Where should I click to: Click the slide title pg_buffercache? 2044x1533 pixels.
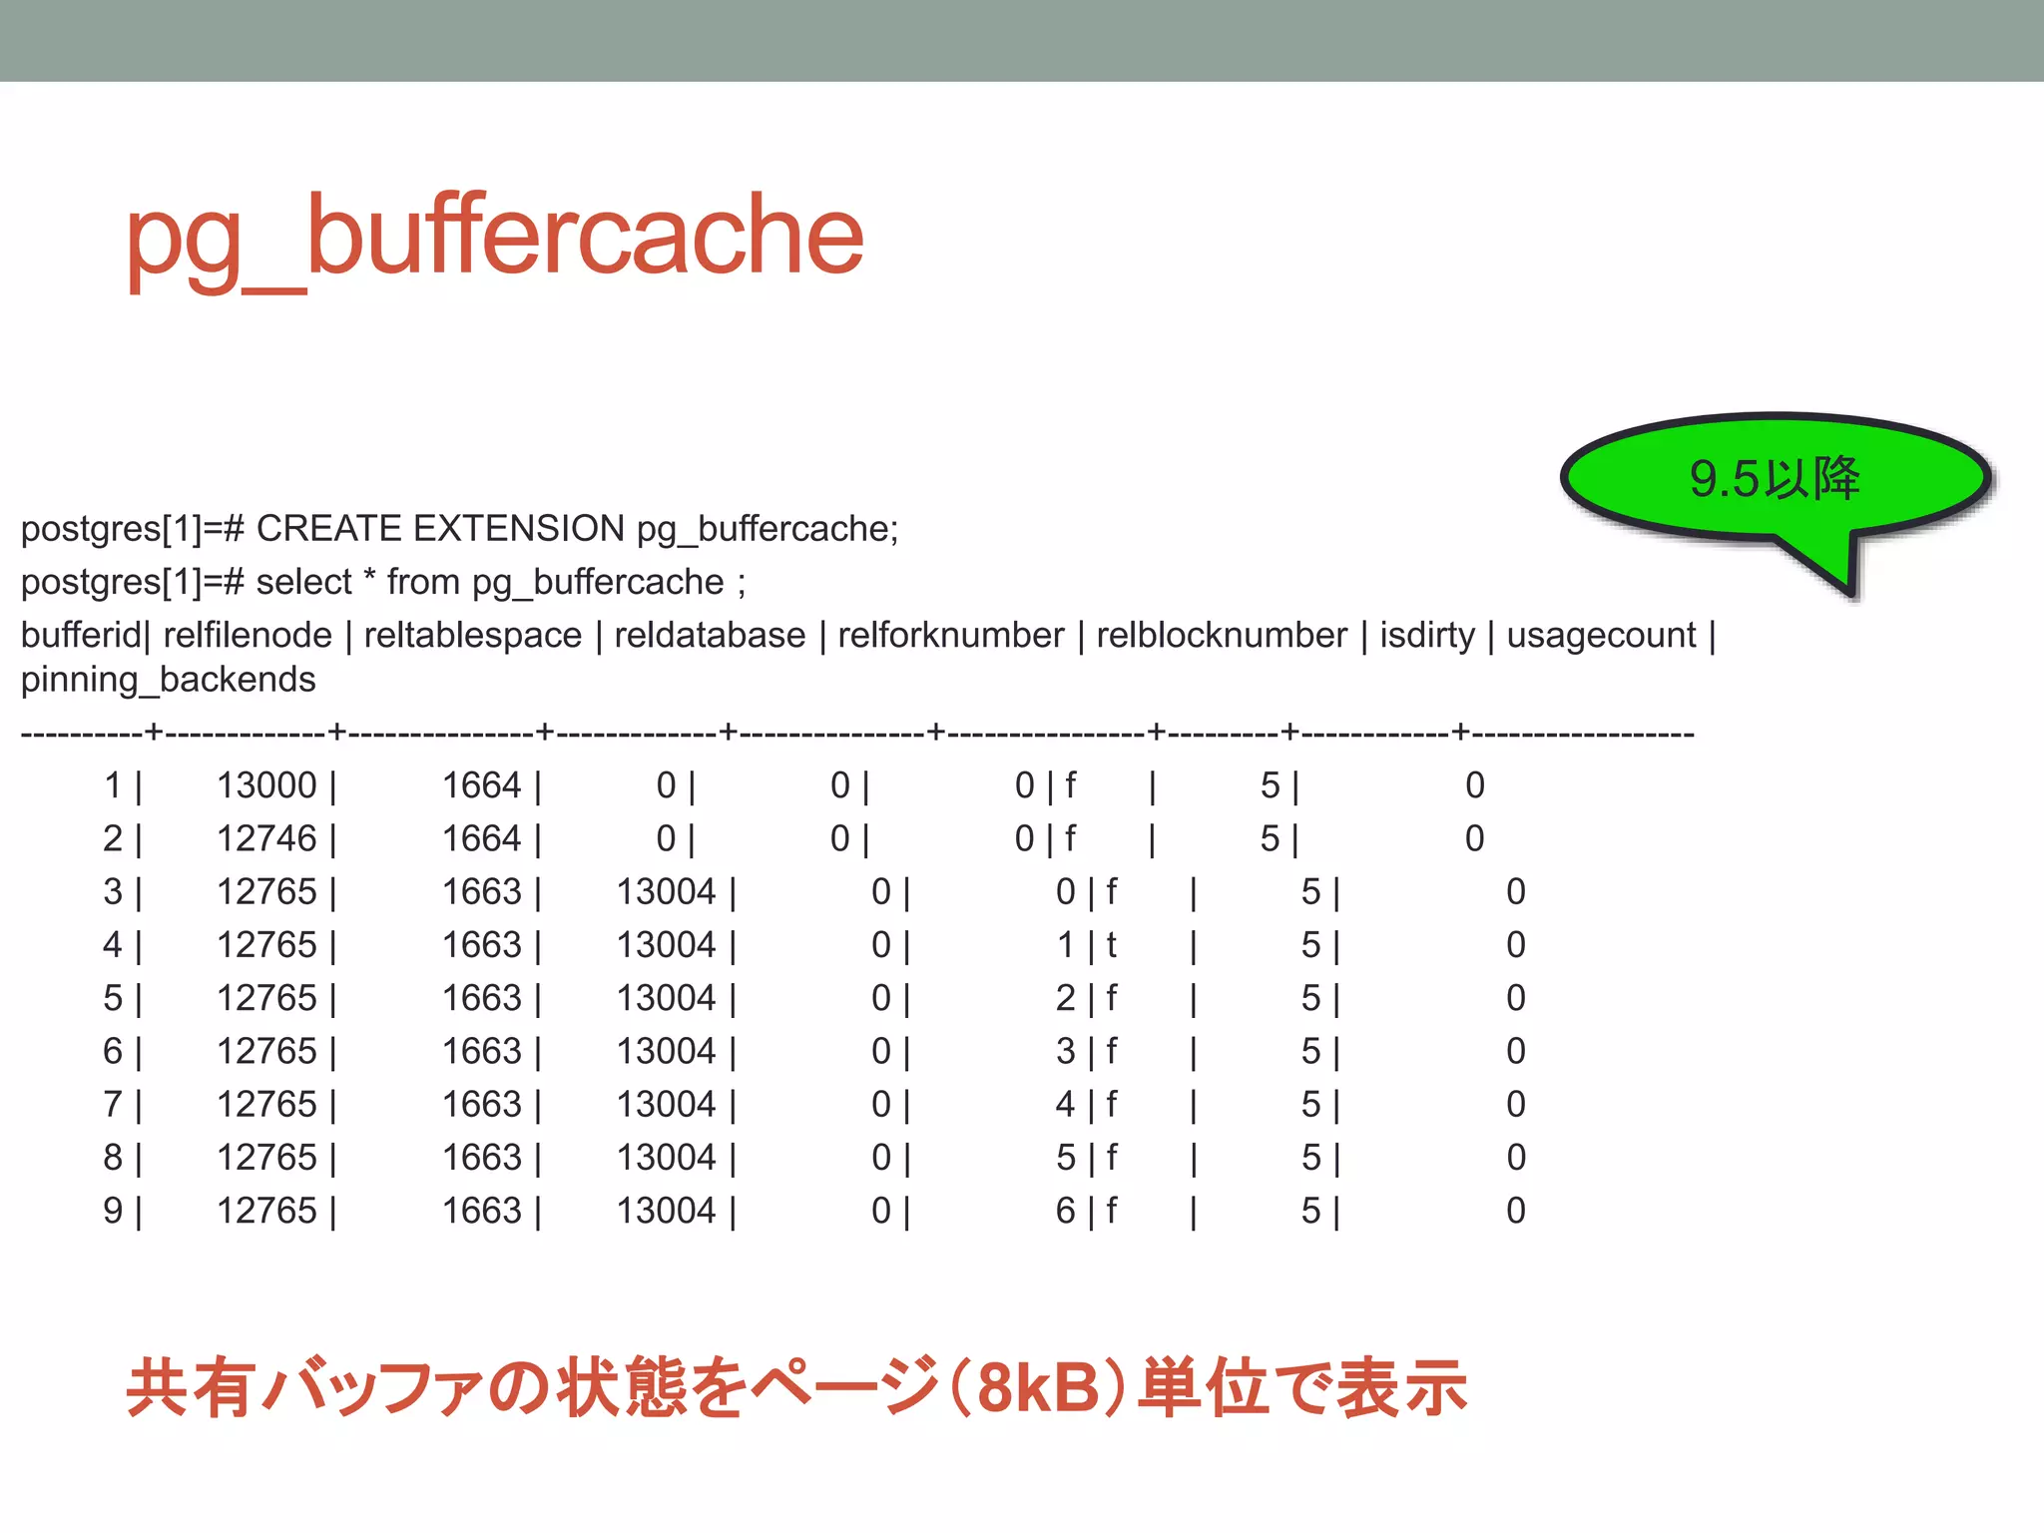click(494, 238)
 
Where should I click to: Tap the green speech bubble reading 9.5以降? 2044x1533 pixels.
click(1775, 478)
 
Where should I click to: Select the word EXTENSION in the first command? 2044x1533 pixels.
click(519, 529)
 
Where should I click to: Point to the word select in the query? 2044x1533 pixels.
click(303, 582)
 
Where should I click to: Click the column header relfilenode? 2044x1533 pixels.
click(247, 636)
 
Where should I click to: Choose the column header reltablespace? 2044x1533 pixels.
click(473, 636)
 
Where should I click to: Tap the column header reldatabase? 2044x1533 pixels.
click(710, 636)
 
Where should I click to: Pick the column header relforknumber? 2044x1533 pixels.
click(951, 636)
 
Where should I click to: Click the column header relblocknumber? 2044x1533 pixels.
click(1222, 636)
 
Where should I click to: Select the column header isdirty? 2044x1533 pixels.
click(1427, 636)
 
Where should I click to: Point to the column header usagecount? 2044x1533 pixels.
click(1601, 636)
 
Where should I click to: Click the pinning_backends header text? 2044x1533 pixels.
click(168, 680)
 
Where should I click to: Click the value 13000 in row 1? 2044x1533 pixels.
click(266, 786)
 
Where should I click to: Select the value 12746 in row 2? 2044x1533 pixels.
click(266, 839)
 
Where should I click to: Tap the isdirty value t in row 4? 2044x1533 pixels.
click(1111, 945)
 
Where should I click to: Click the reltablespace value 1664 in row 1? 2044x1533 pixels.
click(481, 786)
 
